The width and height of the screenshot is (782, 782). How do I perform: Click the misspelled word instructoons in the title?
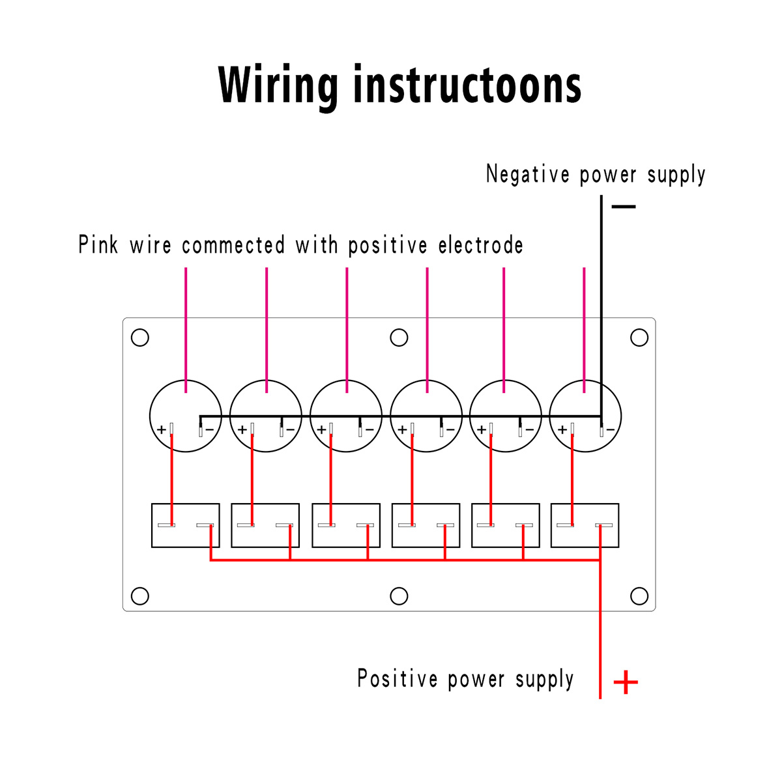[x=468, y=84]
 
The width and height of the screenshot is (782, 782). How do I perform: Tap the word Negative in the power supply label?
[x=528, y=174]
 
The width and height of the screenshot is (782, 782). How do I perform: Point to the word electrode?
[x=480, y=245]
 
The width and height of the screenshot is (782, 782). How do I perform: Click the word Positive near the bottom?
[x=398, y=678]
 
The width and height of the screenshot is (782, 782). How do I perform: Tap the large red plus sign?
[x=626, y=682]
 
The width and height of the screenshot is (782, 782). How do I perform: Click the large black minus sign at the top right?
[x=624, y=207]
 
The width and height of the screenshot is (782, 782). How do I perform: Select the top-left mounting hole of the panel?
[x=140, y=337]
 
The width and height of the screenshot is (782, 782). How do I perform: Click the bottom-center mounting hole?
[x=399, y=596]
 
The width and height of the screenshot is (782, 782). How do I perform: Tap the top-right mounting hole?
[x=639, y=337]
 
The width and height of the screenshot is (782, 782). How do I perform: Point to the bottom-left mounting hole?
[x=140, y=596]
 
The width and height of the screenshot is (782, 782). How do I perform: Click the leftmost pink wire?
[x=186, y=330]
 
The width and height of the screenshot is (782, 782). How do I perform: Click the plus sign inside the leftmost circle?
[x=162, y=429]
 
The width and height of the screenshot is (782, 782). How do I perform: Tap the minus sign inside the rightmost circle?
[x=611, y=429]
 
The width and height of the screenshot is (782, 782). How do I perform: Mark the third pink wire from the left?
[x=347, y=330]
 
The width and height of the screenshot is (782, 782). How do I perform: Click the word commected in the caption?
[x=233, y=245]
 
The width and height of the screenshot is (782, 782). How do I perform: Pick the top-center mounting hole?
[x=399, y=337]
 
